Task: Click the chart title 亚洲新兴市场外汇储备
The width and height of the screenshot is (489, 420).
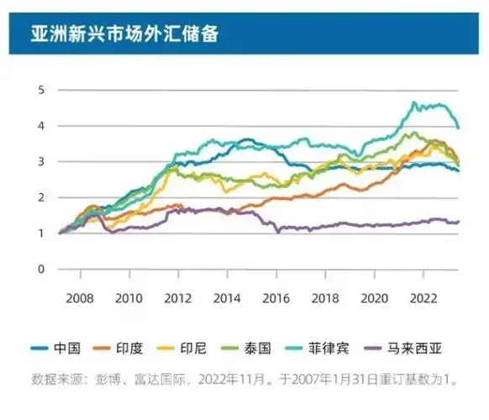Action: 127,33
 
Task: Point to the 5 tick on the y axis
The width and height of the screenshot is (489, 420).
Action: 39,90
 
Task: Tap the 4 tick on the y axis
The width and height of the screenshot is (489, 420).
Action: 39,126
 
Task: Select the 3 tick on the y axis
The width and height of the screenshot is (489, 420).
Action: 39,161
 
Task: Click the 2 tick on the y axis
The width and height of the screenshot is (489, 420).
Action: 39,197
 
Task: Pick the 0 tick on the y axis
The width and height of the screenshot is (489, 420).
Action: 39,269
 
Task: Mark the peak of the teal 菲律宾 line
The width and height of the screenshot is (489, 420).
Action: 413,102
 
